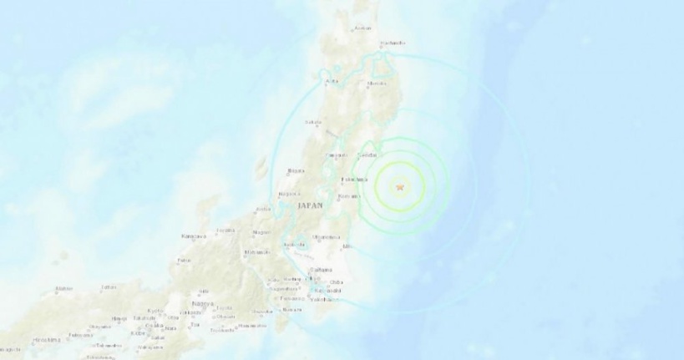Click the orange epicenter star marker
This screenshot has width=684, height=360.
pyautogui.click(x=399, y=187)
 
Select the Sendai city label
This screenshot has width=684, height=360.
pyautogui.click(x=365, y=156)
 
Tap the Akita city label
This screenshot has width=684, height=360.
pyautogui.click(x=332, y=81)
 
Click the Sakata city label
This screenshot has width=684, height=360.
pyautogui.click(x=313, y=123)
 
